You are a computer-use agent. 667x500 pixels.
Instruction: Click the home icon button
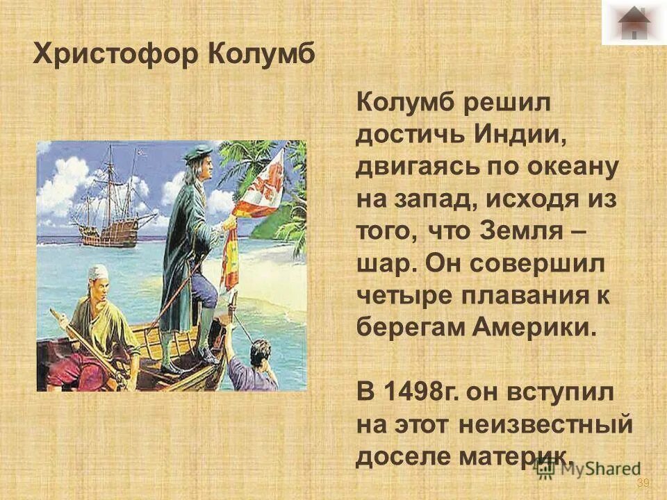(633, 22)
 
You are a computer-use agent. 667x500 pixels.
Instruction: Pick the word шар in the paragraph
(384, 263)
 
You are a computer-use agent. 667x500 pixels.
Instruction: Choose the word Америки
(535, 326)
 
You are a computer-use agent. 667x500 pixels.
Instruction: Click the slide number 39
(642, 483)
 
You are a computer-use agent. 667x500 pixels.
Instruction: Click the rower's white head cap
(100, 272)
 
